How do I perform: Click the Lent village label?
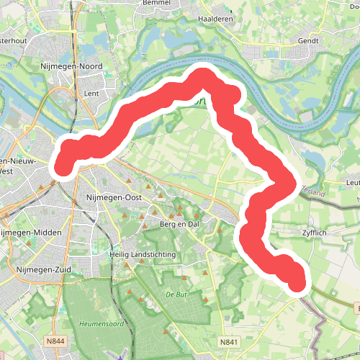tap(91, 93)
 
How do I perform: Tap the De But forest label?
tap(176, 294)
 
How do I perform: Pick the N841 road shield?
tap(229, 343)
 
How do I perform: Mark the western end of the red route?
tap(61, 163)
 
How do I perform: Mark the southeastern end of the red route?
tap(297, 282)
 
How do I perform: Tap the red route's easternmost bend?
tap(289, 185)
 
